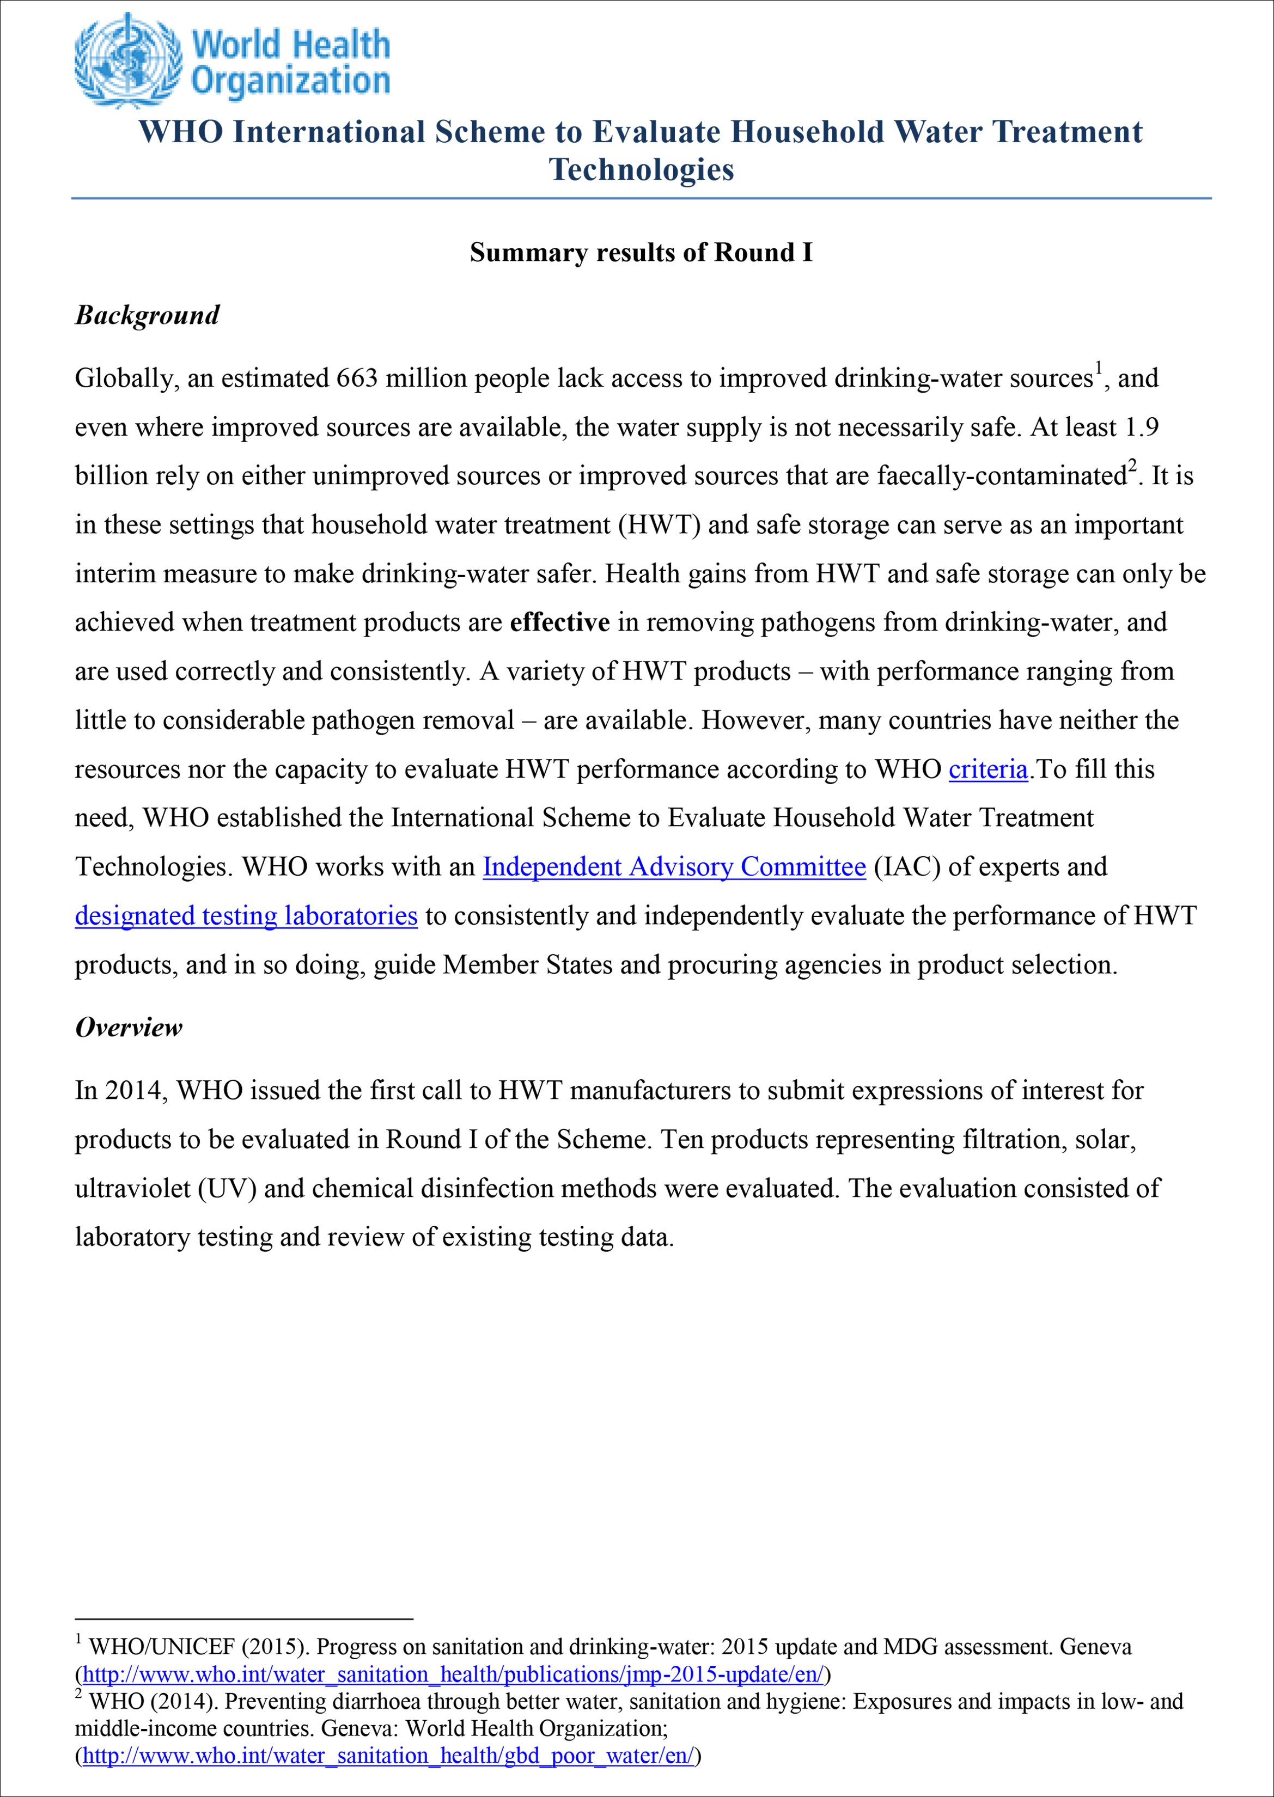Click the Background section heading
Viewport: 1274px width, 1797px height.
tap(148, 315)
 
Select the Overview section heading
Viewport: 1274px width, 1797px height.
tap(129, 1028)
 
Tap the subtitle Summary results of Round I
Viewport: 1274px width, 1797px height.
tap(641, 253)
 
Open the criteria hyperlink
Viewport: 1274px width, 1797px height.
tap(987, 769)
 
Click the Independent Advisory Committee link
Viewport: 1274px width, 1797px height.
tap(674, 867)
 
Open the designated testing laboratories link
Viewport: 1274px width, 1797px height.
tap(246, 916)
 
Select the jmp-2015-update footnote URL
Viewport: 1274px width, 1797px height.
tap(453, 1674)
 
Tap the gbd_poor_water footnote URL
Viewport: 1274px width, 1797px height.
tap(388, 1756)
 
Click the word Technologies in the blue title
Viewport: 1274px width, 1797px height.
tap(641, 169)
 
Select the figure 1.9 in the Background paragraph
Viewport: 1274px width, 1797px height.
tap(1142, 427)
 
